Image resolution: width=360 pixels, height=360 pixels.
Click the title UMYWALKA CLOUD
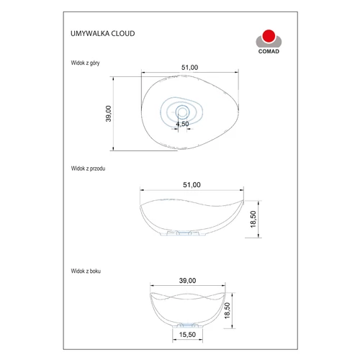pos(103,33)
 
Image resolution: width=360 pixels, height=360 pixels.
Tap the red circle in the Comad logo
pos(269,36)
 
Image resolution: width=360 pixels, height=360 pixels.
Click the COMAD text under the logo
pos(269,51)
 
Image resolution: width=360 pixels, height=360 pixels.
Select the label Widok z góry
pos(85,63)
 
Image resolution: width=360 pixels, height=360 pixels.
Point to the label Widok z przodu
pos(88,168)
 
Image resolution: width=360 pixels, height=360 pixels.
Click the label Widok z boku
pos(86,271)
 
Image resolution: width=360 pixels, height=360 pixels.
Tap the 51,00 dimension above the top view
pos(189,68)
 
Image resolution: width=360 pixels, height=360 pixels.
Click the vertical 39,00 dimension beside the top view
pos(109,114)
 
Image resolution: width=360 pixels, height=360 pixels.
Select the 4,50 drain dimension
pos(182,124)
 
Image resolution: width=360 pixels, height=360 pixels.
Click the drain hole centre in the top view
pos(182,112)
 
